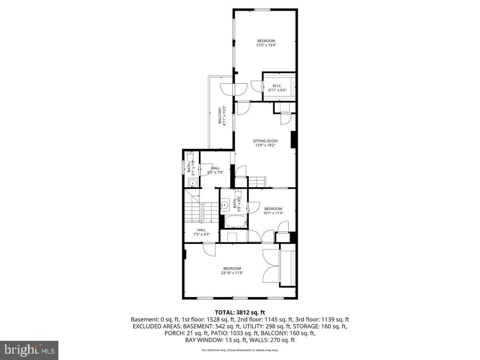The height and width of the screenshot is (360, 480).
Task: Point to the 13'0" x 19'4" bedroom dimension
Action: [x=266, y=45]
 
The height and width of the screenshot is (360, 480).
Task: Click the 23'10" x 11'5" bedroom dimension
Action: [x=232, y=273]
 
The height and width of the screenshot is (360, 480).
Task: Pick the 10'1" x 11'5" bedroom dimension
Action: [x=273, y=213]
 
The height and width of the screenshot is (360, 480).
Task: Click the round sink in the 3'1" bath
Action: [x=192, y=183]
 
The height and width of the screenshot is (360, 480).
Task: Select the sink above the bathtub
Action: [x=225, y=205]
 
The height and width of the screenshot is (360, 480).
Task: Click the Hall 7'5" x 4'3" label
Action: [x=202, y=232]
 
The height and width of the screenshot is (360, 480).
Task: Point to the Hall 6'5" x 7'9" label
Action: [x=215, y=170]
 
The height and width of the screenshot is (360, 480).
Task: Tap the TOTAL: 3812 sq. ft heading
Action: [x=240, y=312]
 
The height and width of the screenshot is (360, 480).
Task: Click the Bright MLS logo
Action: [x=29, y=350]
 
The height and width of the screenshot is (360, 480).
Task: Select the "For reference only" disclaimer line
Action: [x=240, y=350]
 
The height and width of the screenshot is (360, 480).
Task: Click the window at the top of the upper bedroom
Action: [x=262, y=10]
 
